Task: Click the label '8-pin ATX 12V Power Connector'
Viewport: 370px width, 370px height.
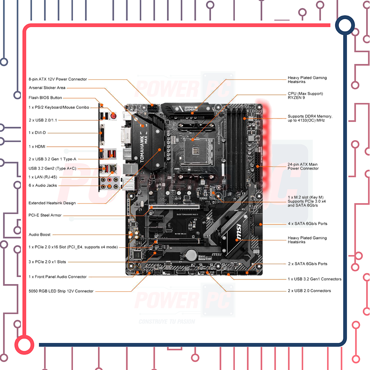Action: click(58, 79)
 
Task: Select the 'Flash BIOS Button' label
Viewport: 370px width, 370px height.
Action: click(45, 98)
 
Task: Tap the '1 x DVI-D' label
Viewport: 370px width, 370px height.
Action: click(37, 133)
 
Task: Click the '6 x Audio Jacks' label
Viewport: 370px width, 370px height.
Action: click(43, 185)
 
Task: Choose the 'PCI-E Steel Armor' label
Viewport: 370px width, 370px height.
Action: click(45, 215)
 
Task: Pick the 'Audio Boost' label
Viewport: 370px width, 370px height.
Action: click(40, 235)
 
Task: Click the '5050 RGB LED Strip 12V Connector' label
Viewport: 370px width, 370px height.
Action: click(61, 291)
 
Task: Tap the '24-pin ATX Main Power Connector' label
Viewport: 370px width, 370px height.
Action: click(303, 167)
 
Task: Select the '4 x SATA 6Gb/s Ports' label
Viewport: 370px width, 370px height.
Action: click(307, 224)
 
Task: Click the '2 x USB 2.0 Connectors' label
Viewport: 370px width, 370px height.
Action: click(309, 291)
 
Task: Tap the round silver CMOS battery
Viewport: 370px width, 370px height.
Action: click(192, 254)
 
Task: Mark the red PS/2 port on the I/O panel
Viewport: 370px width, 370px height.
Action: click(113, 116)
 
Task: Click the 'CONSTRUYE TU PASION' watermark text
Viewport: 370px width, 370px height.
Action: click(167, 321)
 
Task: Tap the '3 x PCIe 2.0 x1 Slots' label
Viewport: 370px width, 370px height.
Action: click(47, 262)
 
